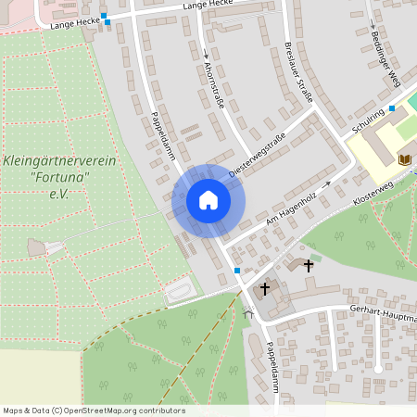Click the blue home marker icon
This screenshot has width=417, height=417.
pos(208,200)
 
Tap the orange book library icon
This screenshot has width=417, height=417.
pos(404,159)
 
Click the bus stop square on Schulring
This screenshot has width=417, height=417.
pos(393,108)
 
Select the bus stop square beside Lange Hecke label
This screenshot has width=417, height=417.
pos(105,16)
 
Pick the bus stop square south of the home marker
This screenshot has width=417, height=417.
pos(238,270)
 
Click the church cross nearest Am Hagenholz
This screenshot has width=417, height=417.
pos(309,265)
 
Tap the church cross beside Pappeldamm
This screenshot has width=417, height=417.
pos(264,289)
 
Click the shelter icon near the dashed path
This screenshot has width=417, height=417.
pos(247,313)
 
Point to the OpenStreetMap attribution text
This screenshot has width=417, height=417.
pos(94,411)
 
